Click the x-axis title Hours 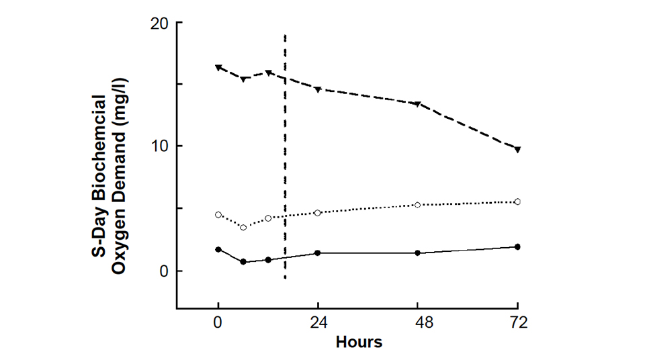pos(359,342)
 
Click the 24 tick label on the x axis pos(318,322)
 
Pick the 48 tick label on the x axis pos(418,322)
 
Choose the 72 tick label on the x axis pos(517,322)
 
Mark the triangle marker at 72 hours pos(517,149)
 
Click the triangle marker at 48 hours pos(418,104)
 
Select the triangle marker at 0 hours pos(218,68)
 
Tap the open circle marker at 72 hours pos(517,201)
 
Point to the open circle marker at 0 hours pos(218,215)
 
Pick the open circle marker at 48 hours pos(418,205)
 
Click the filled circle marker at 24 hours pos(318,253)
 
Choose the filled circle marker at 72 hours pos(517,246)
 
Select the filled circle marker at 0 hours pos(218,249)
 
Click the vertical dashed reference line pos(286,168)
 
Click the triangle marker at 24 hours pos(318,89)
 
